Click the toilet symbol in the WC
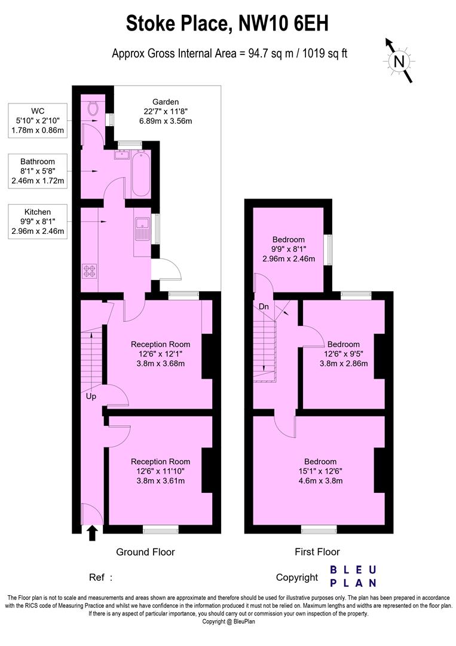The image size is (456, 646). pos(93,108)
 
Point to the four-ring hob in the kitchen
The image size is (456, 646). pos(90,272)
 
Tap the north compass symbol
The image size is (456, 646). pos(399,60)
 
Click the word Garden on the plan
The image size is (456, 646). pos(165,102)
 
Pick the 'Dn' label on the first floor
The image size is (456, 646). pos(264,307)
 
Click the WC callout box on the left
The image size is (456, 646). pos(37,120)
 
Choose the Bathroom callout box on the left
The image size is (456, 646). pos(37,171)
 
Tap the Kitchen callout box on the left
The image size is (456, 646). pos(37,221)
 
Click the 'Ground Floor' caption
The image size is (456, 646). pos(145,552)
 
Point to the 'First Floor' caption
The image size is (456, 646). pos(317,552)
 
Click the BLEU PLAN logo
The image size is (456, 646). pos(353,576)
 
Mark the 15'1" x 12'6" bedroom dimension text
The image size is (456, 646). pos(320,471)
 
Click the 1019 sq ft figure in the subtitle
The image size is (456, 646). pos(321,53)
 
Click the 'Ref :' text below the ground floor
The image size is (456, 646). pos(100,578)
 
